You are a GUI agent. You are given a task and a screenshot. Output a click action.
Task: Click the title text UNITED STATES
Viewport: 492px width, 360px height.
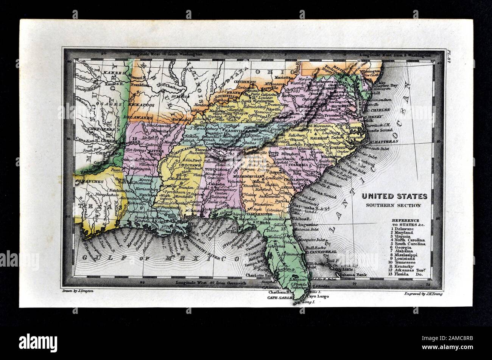pyautogui.click(x=394, y=197)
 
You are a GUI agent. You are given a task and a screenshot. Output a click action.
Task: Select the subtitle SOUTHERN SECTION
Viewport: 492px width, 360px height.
pyautogui.click(x=394, y=205)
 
